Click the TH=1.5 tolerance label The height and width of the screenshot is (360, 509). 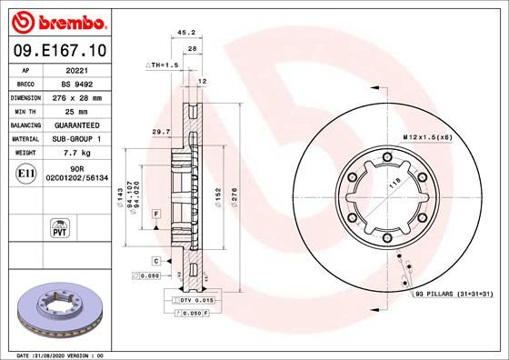pyautogui.click(x=163, y=66)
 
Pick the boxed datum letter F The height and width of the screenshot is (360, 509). pyautogui.click(x=156, y=213)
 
